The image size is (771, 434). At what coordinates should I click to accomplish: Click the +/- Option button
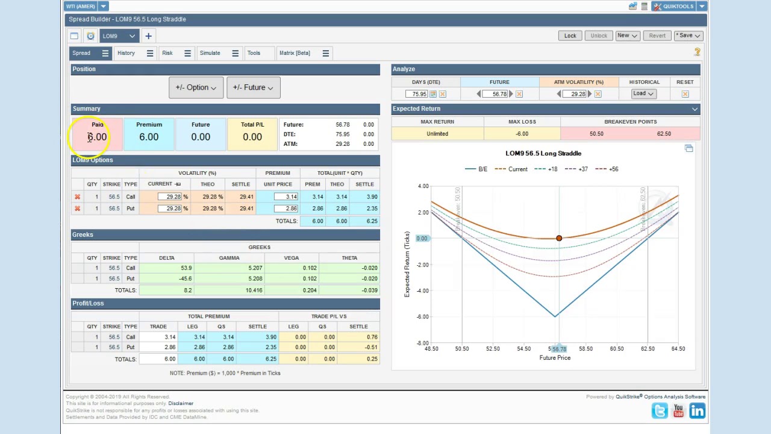coord(196,88)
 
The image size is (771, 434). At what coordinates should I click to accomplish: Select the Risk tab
coord(167,53)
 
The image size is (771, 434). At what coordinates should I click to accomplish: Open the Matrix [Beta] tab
coord(295,53)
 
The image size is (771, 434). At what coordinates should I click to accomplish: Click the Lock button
coord(570,36)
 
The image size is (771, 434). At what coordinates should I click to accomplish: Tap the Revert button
coord(657,36)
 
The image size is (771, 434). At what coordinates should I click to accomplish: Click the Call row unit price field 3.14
coord(286,197)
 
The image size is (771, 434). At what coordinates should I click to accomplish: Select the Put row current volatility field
coord(170,209)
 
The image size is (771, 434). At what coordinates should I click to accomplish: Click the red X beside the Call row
coord(77,197)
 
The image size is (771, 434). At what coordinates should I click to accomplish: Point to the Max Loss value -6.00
coord(522,134)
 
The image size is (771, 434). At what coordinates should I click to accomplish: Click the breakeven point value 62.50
coord(664,134)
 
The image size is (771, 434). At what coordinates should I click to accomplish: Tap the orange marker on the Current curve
coord(559,239)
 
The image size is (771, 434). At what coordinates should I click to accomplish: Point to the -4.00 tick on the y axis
coord(422,291)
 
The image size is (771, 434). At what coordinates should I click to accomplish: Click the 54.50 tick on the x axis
coord(523,348)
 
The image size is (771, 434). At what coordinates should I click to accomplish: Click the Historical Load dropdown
coord(643,93)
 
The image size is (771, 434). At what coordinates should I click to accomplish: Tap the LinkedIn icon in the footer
coord(697,411)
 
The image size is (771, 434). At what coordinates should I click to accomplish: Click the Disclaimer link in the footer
coord(181,403)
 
